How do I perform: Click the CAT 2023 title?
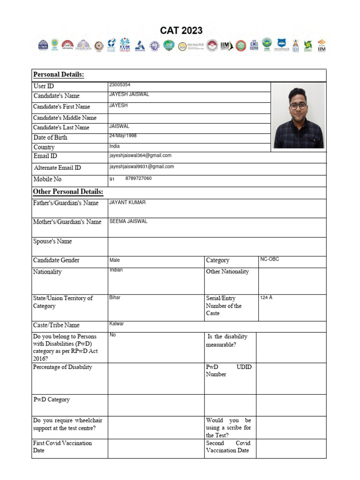point(181,31)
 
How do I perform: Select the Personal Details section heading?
point(59,75)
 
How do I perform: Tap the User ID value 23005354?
point(120,85)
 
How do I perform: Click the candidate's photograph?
point(299,117)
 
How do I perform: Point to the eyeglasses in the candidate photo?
point(298,106)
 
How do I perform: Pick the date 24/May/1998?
point(123,136)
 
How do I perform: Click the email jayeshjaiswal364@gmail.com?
point(140,155)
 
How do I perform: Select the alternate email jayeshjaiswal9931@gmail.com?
point(142,166)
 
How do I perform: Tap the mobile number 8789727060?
point(138,179)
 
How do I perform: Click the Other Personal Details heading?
point(68,192)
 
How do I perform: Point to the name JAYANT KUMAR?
point(127,202)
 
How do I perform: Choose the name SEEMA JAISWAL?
point(128,221)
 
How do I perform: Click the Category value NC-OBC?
point(270,259)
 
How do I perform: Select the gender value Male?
point(115,260)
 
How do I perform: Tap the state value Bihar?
point(115,298)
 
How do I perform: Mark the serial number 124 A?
point(266,298)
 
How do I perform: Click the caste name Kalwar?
point(117,324)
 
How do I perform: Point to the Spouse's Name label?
point(52,241)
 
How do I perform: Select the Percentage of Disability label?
point(62,367)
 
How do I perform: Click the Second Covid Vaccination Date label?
point(228,447)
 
